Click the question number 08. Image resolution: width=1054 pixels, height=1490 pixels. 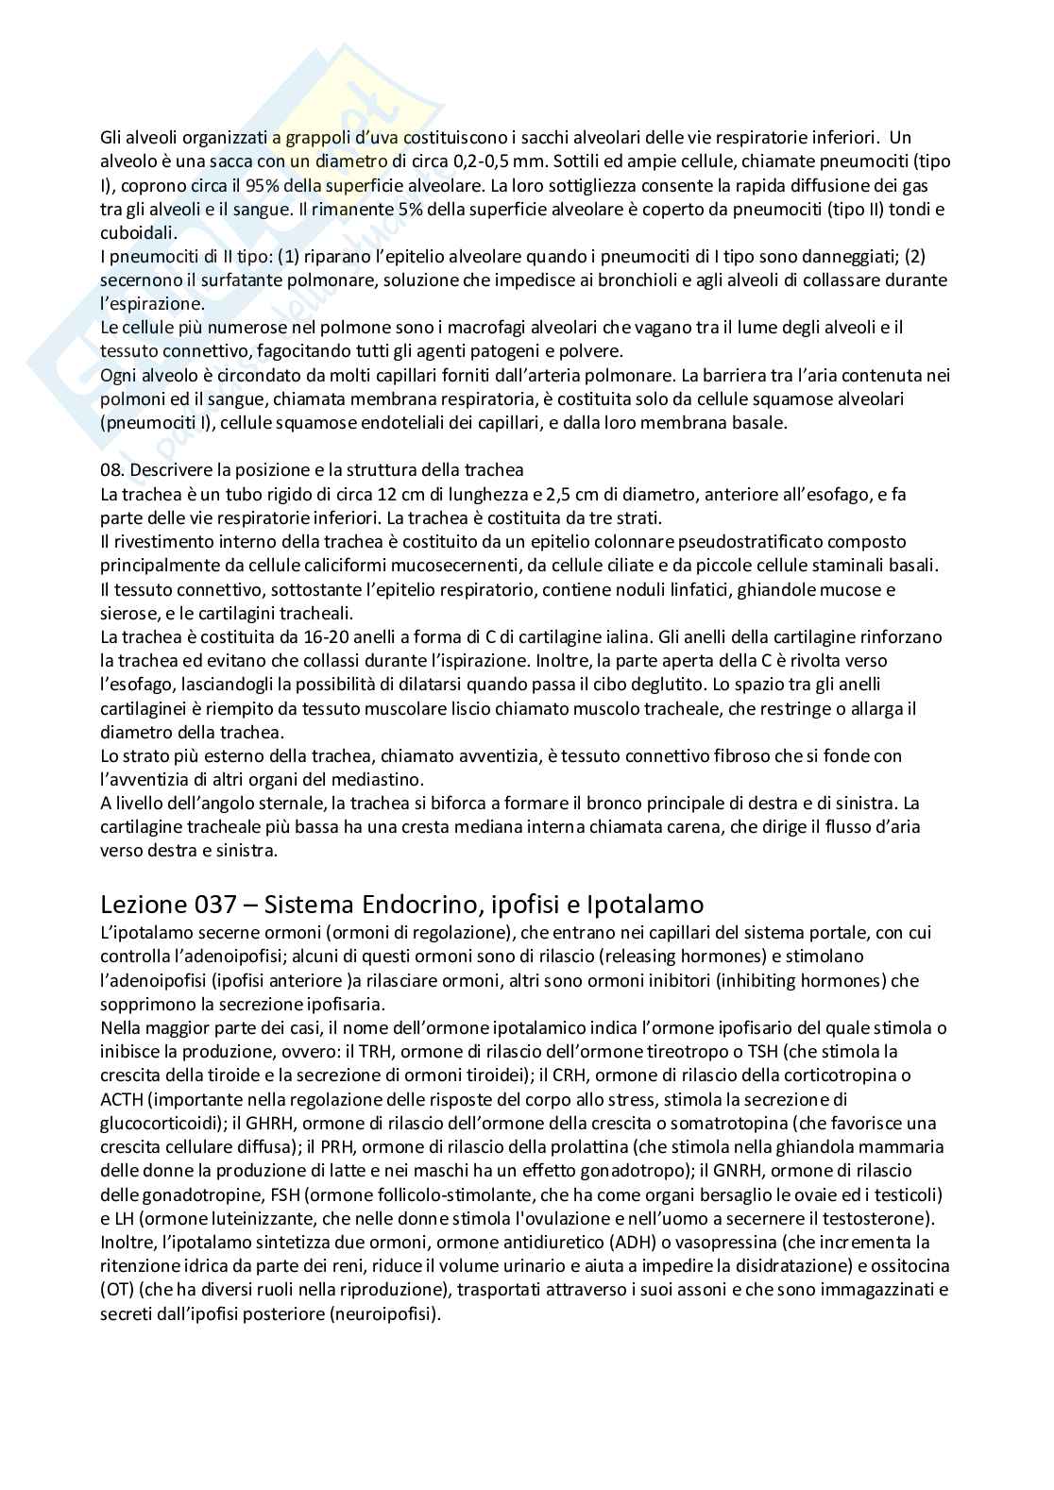pyautogui.click(x=111, y=470)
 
